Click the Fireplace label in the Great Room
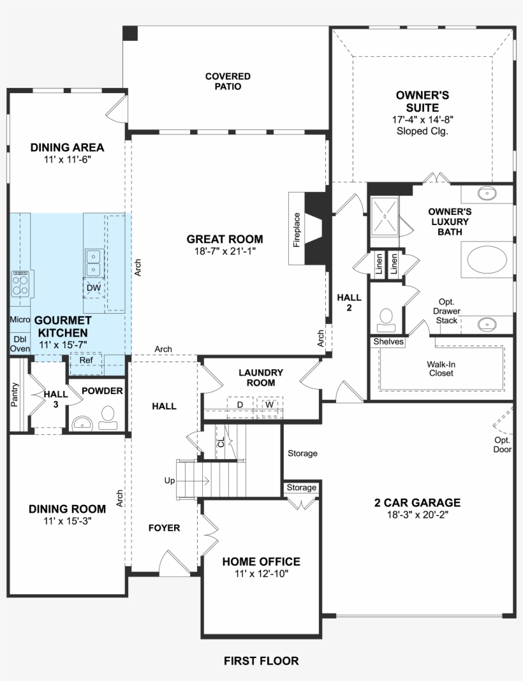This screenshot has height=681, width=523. pos(297,229)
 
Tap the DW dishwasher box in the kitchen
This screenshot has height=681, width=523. pos(94,288)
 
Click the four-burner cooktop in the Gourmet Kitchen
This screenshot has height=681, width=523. pos(20,282)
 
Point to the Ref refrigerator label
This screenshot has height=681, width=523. pos(85,360)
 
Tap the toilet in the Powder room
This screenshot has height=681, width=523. pos(108,416)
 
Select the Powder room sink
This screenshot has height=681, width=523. pos(82,423)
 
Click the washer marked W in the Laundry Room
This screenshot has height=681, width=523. pos(270,405)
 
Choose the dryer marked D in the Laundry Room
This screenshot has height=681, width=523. pos(240,405)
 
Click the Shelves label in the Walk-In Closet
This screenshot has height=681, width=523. pos(388,342)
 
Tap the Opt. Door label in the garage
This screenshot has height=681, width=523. pos(502,444)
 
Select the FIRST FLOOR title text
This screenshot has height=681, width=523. pos(261,661)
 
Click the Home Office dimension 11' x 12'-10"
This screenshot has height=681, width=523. pos(261,575)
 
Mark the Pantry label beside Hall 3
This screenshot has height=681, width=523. pos(15,394)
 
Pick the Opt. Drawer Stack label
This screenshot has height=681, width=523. pos(446,311)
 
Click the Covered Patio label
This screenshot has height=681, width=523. pos(228,81)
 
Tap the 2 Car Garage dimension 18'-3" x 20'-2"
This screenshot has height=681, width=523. pos(417,515)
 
